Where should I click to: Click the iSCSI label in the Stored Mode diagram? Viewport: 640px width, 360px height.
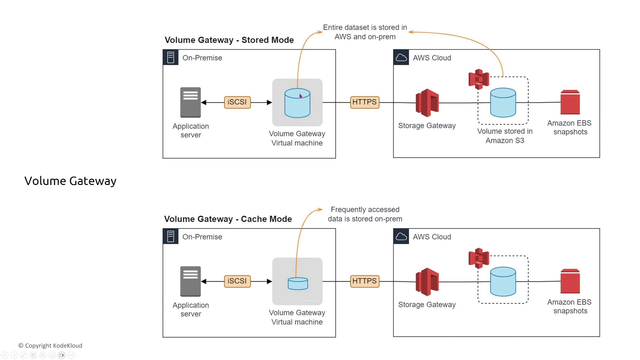[237, 102]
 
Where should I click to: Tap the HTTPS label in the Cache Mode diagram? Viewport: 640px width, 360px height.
[365, 281]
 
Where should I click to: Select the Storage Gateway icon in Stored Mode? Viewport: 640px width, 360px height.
[427, 103]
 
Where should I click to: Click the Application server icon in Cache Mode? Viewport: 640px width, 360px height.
[190, 281]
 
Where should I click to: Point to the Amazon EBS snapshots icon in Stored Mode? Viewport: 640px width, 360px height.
[570, 102]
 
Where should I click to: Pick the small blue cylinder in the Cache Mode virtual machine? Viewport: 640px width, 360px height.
[298, 284]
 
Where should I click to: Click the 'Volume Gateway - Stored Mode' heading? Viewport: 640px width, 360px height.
[229, 40]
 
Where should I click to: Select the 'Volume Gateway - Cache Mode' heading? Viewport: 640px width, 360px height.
[228, 219]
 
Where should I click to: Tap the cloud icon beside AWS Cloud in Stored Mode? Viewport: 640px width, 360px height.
[401, 58]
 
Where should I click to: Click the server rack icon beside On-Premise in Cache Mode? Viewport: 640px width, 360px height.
[171, 237]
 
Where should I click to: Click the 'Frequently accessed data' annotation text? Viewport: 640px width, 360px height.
[365, 214]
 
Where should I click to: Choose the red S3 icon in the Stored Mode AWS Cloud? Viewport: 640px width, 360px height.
[479, 79]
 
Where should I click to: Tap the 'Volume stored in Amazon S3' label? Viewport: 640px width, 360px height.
[505, 136]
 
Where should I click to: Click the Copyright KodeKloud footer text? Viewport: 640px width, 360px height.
[50, 346]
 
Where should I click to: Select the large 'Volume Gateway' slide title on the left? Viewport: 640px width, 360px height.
[70, 181]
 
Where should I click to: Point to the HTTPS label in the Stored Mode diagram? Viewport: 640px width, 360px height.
[365, 102]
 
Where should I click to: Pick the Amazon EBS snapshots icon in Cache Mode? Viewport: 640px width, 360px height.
[570, 281]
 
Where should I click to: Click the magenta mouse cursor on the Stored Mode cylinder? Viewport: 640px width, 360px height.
[300, 96]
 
